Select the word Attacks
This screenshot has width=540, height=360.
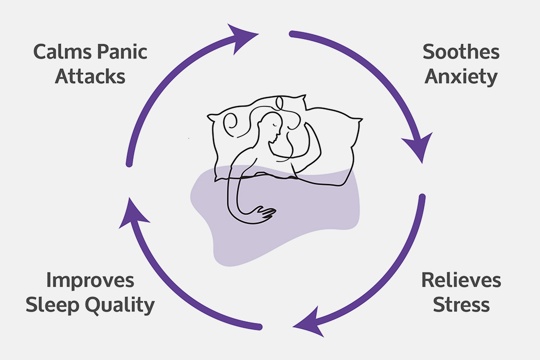tap(90, 77)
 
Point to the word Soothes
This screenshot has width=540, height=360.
tap(461, 52)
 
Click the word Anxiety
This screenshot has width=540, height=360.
tap(461, 77)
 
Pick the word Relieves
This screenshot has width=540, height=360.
tap(461, 281)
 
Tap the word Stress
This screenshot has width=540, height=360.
tap(461, 304)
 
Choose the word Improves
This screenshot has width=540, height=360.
tap(91, 281)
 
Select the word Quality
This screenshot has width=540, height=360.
tap(121, 305)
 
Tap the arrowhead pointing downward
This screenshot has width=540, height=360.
tap(422, 147)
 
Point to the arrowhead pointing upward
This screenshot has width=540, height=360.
tap(132, 214)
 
